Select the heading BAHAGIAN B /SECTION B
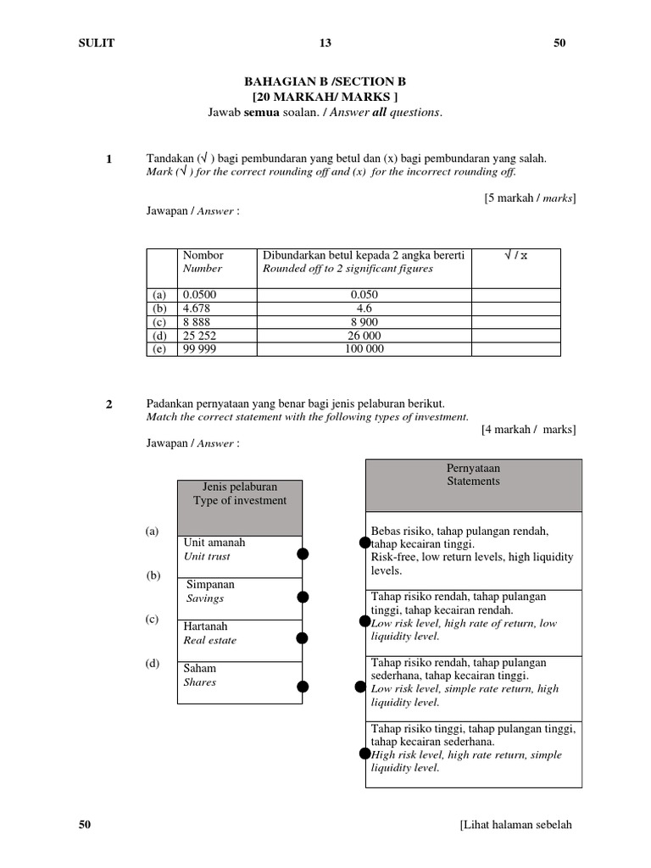coord(325,81)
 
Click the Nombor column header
coord(203,255)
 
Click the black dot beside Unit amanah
coord(303,554)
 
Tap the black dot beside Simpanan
coord(303,597)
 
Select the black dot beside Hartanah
coord(303,637)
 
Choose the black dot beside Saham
coord(303,687)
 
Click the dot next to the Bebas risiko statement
coord(364,542)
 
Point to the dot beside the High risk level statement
coord(364,754)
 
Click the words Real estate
coord(210,641)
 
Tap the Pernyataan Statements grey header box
coord(474,485)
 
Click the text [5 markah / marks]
coord(529,198)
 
